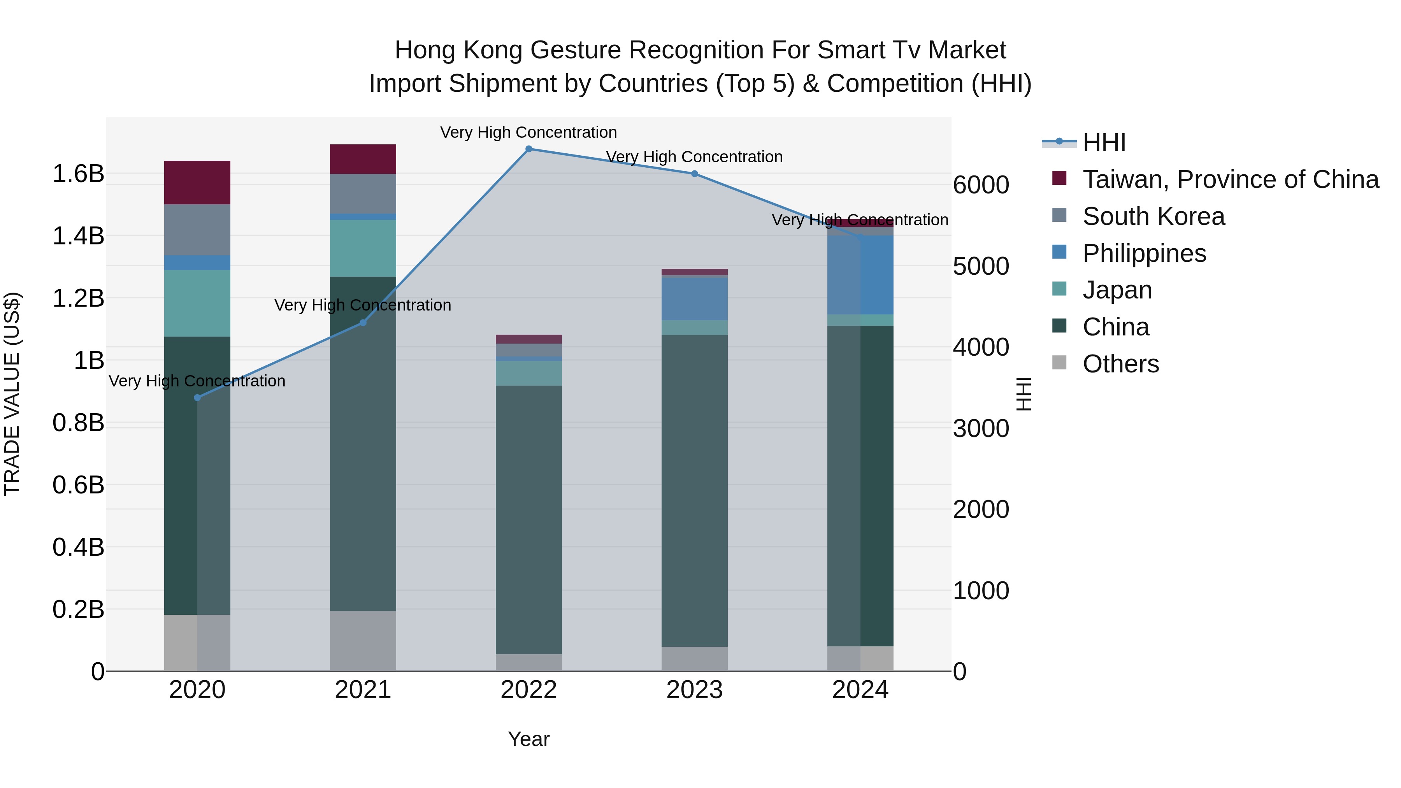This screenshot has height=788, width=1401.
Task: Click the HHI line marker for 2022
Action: pos(528,149)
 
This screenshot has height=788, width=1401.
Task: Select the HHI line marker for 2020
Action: pos(197,398)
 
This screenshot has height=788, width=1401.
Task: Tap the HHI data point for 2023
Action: pos(695,174)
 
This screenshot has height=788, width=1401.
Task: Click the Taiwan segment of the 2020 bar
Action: pos(197,183)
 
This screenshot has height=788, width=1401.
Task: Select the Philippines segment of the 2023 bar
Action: pos(695,298)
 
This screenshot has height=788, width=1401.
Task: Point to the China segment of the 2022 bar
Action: pos(528,519)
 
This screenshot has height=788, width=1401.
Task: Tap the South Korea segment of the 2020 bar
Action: pos(197,230)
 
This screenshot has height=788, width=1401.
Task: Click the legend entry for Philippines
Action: pos(1144,253)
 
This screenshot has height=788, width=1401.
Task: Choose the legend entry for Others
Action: pos(1120,364)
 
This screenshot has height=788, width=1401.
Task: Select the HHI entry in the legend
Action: pos(1104,142)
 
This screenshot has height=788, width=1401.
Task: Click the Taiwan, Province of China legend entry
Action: pos(1230,179)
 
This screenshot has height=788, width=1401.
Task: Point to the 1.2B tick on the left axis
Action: pos(78,298)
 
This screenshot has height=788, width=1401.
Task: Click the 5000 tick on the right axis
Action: pos(981,267)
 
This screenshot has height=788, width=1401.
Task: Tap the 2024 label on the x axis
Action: pos(860,690)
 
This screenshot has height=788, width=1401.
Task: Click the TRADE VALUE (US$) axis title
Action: pos(12,394)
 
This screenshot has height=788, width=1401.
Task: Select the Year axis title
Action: pos(528,739)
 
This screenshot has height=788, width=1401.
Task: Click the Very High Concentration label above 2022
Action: pos(528,132)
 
